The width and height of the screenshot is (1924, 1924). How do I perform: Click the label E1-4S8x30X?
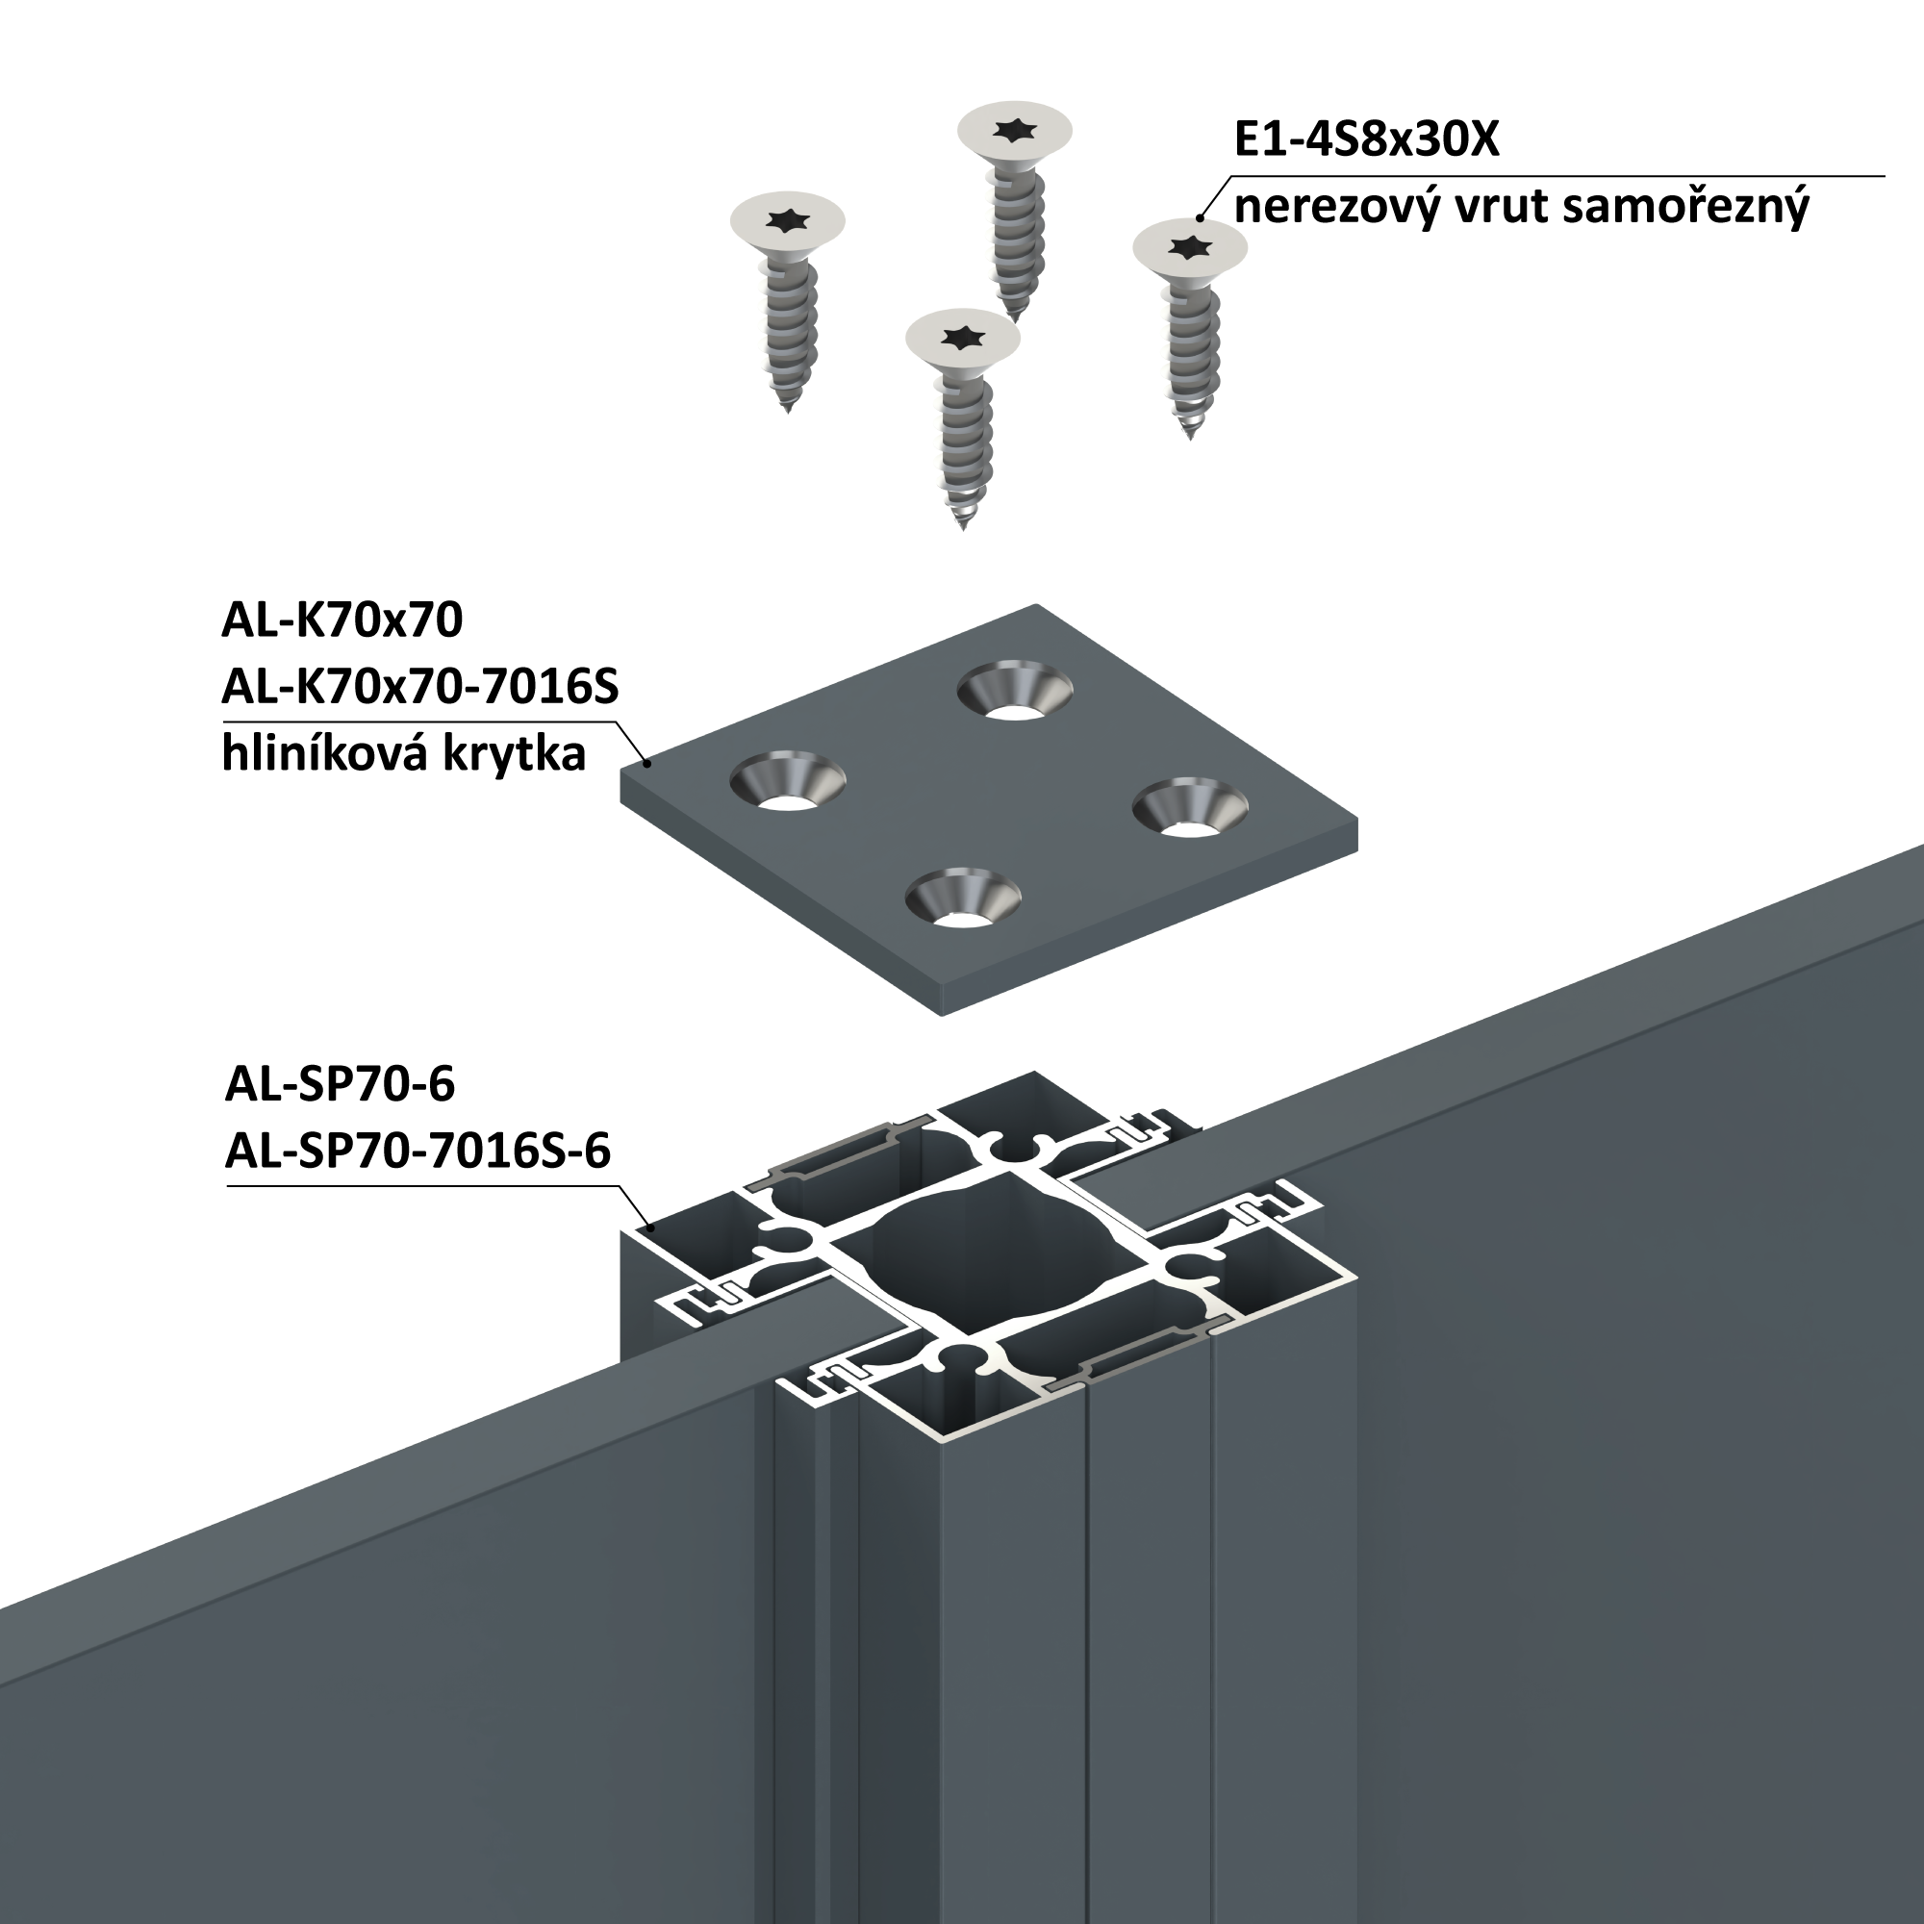1366,139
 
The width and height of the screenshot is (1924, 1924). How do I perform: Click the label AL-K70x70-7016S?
419,687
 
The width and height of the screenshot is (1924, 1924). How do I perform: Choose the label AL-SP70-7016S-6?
418,1152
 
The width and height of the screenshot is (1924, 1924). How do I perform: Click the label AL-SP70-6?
340,1083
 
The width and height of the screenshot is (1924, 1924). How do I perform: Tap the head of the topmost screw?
1014,130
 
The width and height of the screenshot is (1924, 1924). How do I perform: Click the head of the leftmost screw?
787,220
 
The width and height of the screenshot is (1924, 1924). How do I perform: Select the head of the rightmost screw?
1189,245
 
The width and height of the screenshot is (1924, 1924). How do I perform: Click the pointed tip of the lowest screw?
963,528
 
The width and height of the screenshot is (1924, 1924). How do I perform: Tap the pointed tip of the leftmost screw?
788,412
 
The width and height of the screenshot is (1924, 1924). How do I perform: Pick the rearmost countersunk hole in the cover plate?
1014,689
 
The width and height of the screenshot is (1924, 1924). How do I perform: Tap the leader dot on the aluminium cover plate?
648,763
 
